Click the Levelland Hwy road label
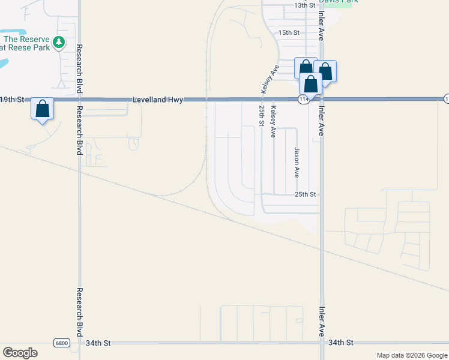(158, 100)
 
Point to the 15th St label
(289, 32)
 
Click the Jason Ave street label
(296, 163)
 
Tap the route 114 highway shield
(304, 100)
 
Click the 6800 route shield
(61, 343)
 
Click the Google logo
(20, 353)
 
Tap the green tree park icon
(58, 42)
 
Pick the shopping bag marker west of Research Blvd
(42, 109)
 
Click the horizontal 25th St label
(305, 194)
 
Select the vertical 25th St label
(261, 115)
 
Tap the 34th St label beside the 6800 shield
(98, 343)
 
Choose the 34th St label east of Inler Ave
(342, 343)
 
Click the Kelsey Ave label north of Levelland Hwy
(268, 79)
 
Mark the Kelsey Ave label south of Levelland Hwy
(273, 122)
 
